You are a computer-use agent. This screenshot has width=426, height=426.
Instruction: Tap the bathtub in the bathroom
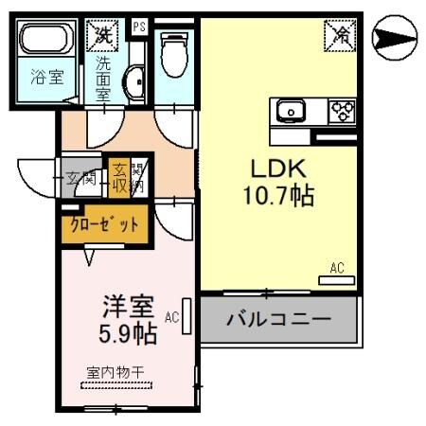tap(47, 42)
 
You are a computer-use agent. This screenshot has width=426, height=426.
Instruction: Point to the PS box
tap(139, 27)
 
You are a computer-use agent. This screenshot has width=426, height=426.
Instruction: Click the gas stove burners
tap(342, 111)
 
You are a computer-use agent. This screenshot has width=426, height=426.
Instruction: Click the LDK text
tap(277, 169)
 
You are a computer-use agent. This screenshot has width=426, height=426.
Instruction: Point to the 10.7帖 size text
tap(277, 196)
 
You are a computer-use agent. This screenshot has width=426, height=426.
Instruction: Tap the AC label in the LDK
tap(337, 269)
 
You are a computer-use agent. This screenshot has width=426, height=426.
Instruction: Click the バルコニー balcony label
tap(278, 319)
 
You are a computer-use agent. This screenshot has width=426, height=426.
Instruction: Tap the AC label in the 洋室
tap(171, 317)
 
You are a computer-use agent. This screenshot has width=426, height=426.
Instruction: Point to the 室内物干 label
tap(115, 372)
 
